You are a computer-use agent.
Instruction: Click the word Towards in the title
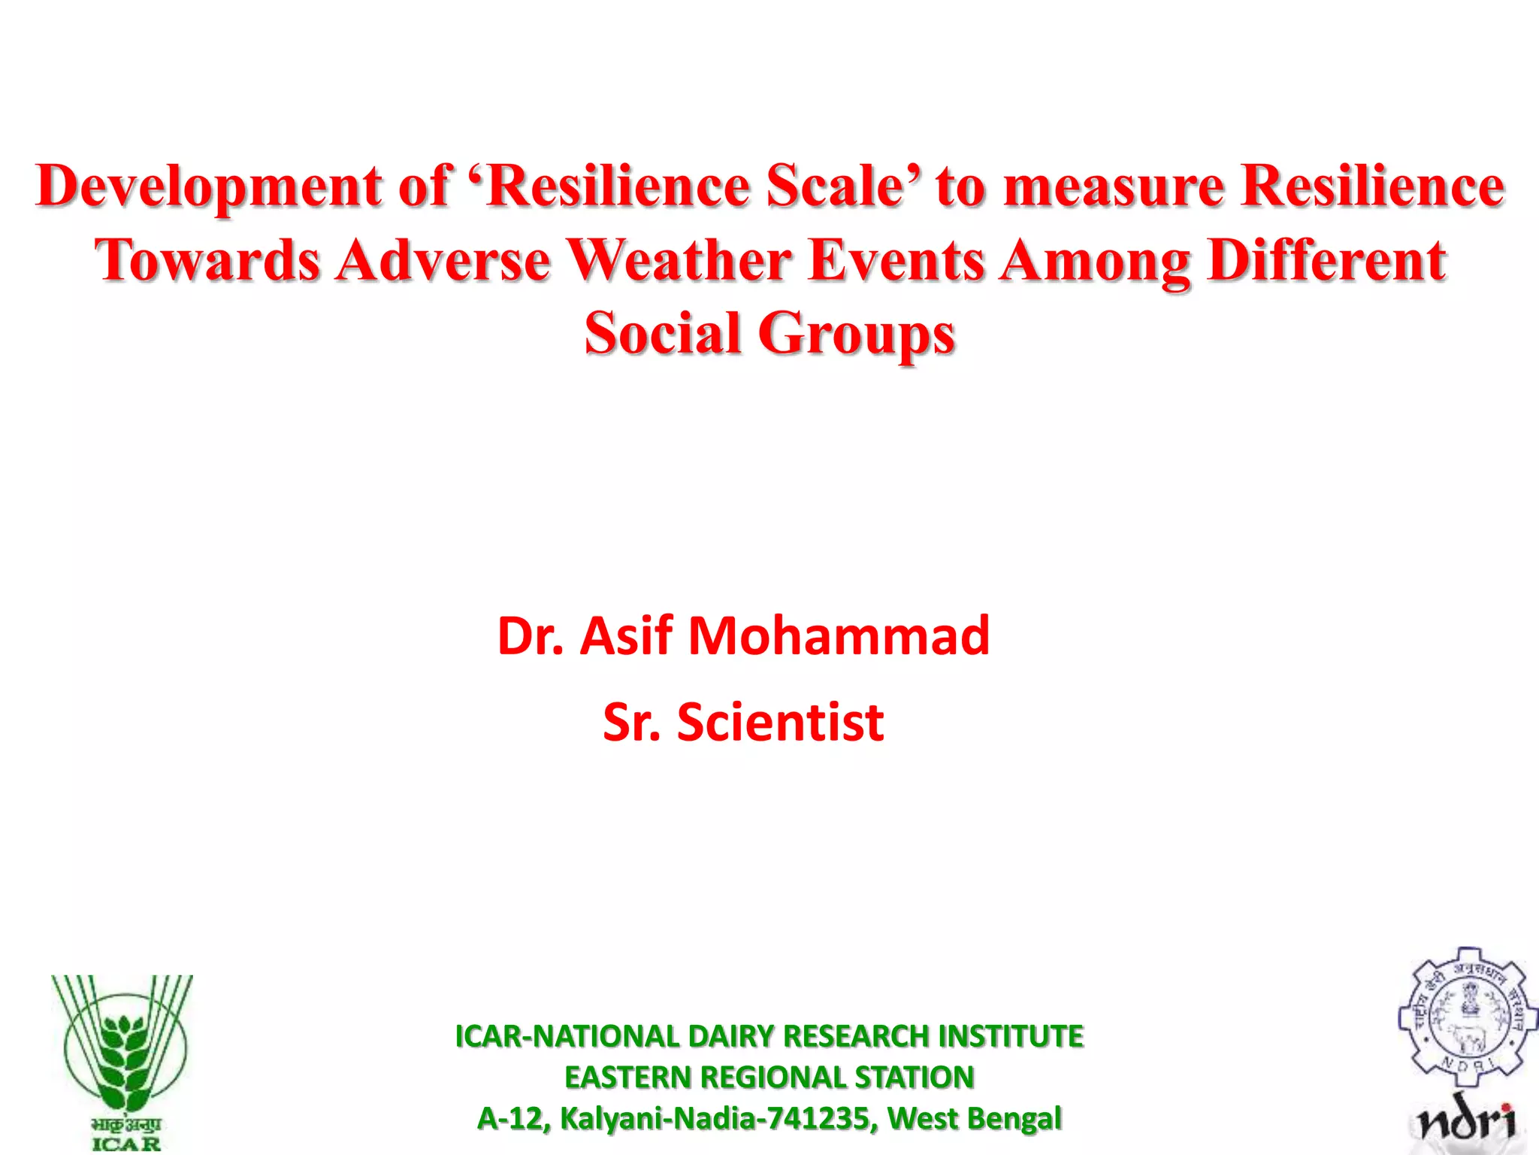(207, 260)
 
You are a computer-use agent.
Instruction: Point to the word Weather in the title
(679, 260)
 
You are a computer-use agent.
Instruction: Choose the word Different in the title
(1326, 260)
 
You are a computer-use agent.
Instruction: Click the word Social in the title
(663, 333)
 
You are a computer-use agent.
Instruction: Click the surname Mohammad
(839, 636)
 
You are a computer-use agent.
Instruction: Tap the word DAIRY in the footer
(730, 1036)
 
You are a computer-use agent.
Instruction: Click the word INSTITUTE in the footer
(1011, 1036)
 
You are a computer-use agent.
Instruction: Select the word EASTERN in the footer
(627, 1078)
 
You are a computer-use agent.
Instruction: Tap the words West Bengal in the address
(975, 1118)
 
